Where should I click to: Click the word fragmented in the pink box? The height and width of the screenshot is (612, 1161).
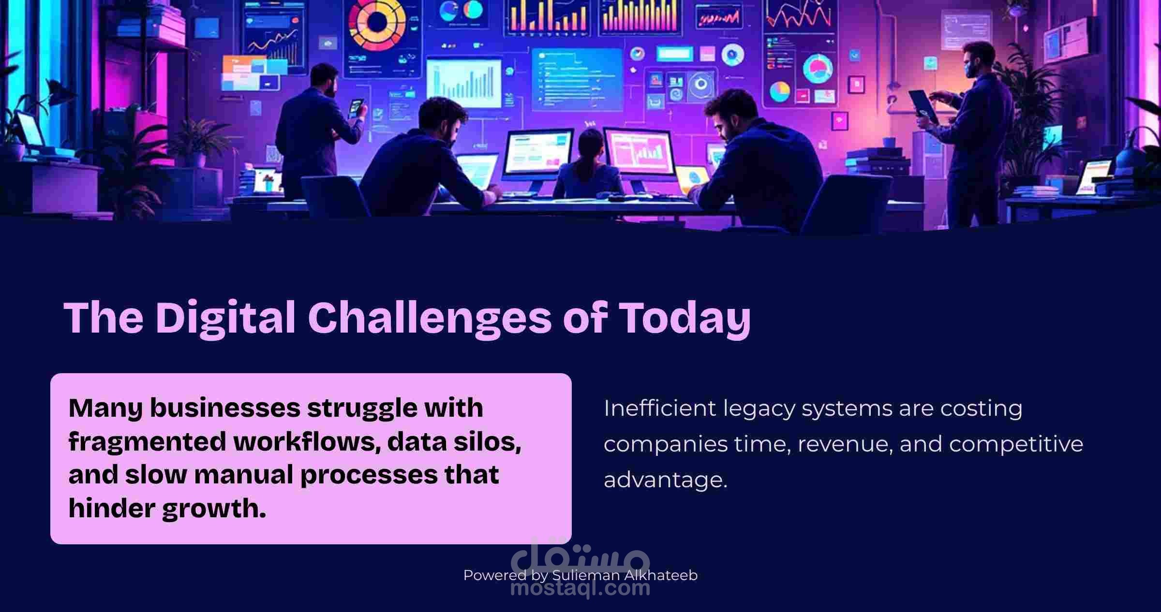[x=147, y=442]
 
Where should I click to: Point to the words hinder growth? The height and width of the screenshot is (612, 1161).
[x=167, y=509]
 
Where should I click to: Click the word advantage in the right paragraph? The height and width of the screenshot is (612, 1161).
[x=665, y=480]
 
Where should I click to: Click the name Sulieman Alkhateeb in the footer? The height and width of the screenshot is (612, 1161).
[x=625, y=575]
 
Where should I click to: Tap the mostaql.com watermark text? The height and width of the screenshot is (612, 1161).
[x=580, y=588]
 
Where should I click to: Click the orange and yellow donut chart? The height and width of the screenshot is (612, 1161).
[x=376, y=22]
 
